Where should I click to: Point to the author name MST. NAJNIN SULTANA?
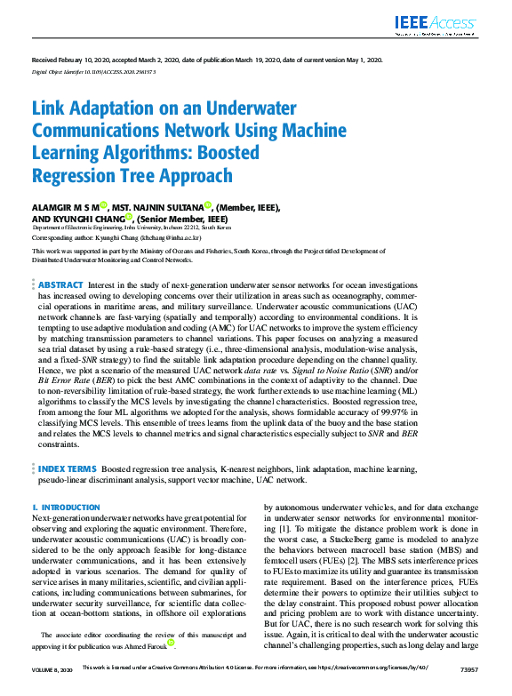pos(156,207)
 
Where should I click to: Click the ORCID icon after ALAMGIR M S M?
pos(103,206)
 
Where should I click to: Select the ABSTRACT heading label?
pos(60,284)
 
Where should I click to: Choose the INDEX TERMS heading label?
pos(67,468)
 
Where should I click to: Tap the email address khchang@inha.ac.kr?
pos(172,238)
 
